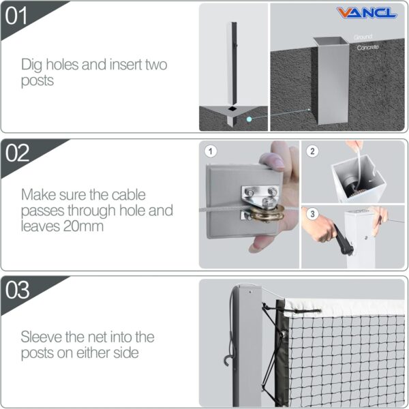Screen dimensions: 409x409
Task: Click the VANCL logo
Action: [367, 13]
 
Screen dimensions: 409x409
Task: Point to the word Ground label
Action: [363, 37]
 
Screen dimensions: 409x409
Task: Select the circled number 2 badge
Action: [312, 151]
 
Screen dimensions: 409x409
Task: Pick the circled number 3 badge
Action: [312, 215]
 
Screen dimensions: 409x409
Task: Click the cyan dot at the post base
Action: [250, 118]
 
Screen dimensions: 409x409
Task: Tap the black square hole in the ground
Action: [233, 108]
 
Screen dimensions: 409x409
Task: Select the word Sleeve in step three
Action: [40, 337]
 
